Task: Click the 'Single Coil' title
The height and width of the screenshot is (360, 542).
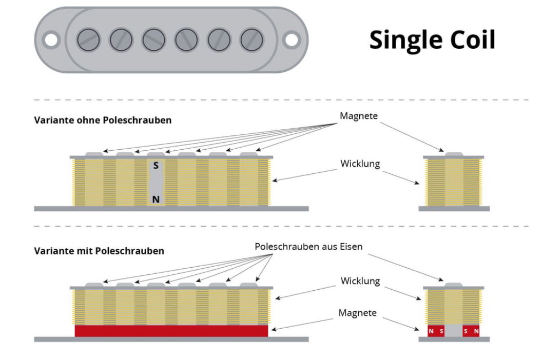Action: pyautogui.click(x=432, y=39)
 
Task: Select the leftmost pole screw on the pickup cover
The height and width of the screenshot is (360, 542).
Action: pyautogui.click(x=88, y=39)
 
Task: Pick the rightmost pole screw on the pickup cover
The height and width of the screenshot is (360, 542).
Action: pyautogui.click(x=251, y=39)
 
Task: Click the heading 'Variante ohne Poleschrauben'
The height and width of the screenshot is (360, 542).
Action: pyautogui.click(x=103, y=121)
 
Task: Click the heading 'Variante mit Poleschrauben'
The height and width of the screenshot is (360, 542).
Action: pyautogui.click(x=99, y=251)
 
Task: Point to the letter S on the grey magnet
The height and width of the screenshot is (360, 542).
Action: pyautogui.click(x=156, y=166)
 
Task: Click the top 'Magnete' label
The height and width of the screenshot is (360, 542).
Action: pyautogui.click(x=358, y=116)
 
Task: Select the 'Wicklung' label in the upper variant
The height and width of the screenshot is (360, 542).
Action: pyautogui.click(x=360, y=164)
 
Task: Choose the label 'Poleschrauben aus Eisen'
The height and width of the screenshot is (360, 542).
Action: pyautogui.click(x=308, y=247)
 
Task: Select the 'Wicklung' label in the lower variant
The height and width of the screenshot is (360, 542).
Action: pyautogui.click(x=360, y=281)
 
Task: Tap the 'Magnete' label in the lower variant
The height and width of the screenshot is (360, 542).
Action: pyautogui.click(x=358, y=313)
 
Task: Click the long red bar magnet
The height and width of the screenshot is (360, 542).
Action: pyautogui.click(x=171, y=331)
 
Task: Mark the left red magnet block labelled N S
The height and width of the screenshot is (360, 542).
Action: pyautogui.click(x=436, y=331)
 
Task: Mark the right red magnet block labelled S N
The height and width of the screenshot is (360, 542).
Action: pyautogui.click(x=471, y=331)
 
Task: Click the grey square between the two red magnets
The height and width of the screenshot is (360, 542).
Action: pyautogui.click(x=454, y=331)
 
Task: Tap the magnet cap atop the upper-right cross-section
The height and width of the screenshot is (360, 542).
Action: pyautogui.click(x=454, y=153)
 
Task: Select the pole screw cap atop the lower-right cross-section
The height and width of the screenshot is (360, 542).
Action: pyautogui.click(x=454, y=285)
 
